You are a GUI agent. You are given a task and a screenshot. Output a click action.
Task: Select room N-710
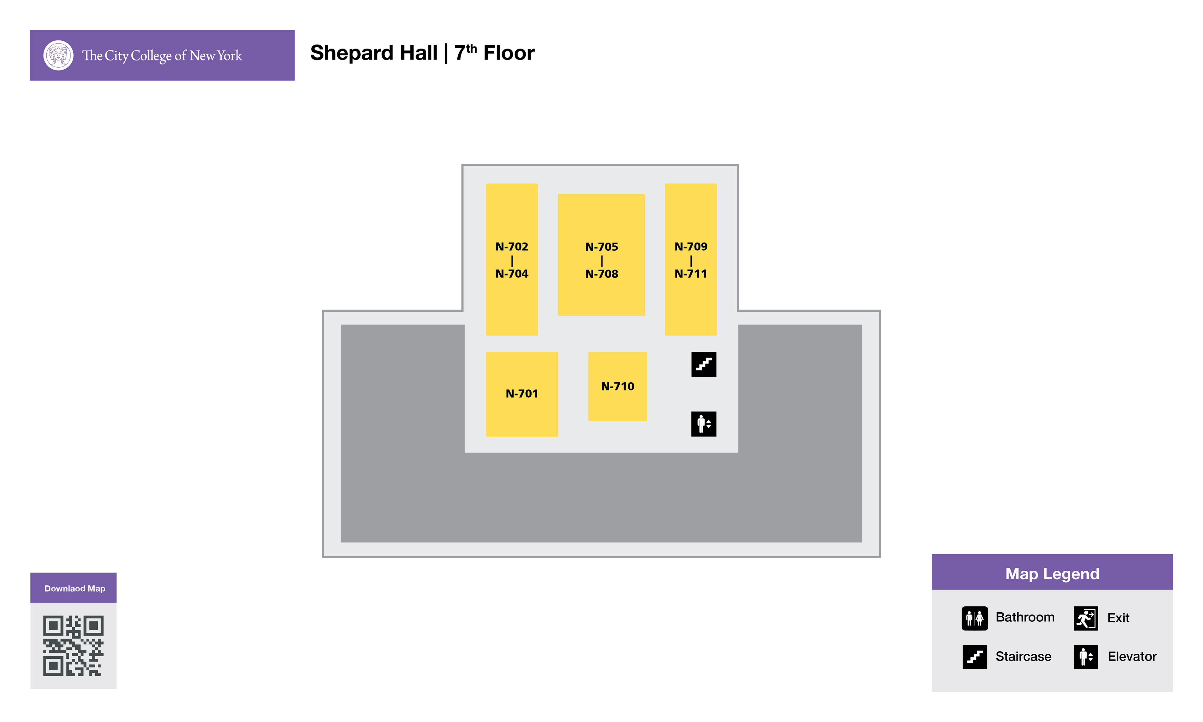point(617,386)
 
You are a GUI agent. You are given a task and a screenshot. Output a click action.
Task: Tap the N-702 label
point(512,247)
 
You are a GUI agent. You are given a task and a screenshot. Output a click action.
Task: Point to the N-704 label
point(512,274)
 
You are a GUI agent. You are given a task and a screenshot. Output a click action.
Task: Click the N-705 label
point(601,247)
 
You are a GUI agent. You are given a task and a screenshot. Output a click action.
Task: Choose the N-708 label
point(601,274)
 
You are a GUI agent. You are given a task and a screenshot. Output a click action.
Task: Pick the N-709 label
point(690,247)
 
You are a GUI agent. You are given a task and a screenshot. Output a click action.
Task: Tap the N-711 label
point(690,274)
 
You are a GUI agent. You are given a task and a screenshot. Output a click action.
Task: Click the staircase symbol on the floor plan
point(704,364)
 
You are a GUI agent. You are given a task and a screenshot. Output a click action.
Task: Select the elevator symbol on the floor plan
point(704,424)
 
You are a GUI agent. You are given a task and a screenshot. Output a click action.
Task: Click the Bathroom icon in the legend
point(974,618)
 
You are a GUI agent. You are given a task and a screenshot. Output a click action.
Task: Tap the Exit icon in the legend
point(1085,618)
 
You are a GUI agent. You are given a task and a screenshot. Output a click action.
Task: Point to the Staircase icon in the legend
point(974,657)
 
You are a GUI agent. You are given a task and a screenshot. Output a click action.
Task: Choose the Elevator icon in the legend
point(1085,657)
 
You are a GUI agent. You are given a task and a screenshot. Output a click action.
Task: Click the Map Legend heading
point(1052,573)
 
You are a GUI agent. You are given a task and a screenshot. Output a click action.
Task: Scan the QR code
point(73,646)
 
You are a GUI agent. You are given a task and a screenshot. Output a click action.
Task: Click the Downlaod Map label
point(74,588)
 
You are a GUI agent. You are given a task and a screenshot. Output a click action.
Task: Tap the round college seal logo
point(58,55)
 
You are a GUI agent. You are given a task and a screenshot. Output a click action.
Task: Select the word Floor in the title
point(509,53)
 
